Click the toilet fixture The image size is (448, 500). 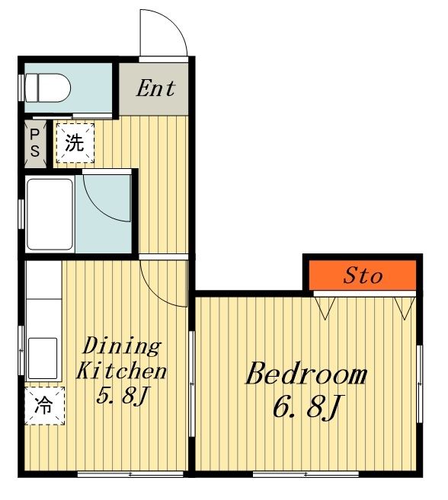click(x=47, y=88)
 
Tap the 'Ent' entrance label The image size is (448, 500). click(x=156, y=88)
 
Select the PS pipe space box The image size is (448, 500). click(x=35, y=144)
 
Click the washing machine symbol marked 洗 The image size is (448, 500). click(x=75, y=143)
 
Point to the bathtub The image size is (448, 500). click(x=50, y=214)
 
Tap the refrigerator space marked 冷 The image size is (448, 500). click(x=45, y=406)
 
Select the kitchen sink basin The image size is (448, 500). click(x=43, y=358)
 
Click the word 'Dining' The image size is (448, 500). click(x=122, y=346)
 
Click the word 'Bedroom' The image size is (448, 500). click(x=306, y=373)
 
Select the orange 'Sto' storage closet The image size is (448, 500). click(x=363, y=275)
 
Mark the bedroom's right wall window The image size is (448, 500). click(x=420, y=384)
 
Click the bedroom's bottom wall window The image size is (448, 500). click(x=306, y=474)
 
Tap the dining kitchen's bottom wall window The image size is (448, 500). click(x=130, y=474)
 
